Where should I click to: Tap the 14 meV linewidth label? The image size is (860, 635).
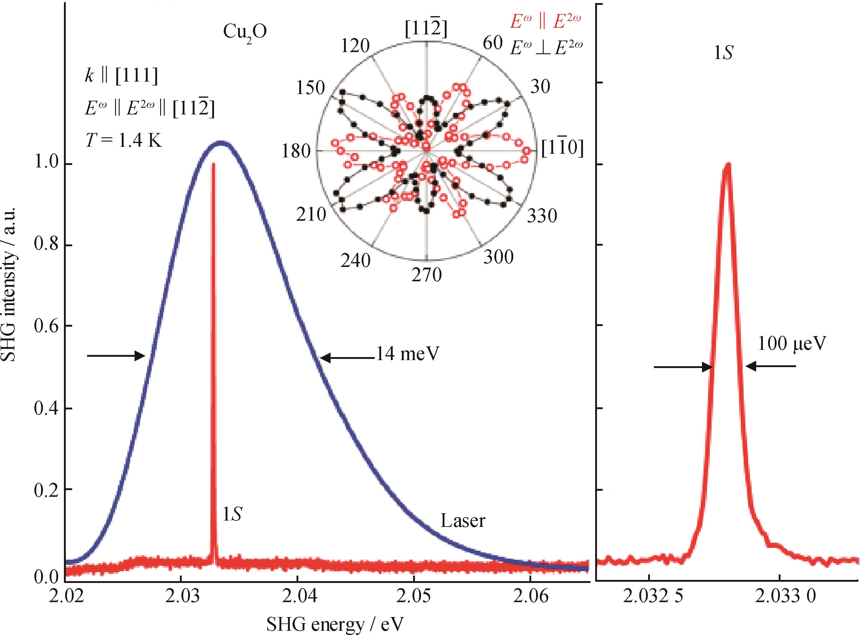coord(407,354)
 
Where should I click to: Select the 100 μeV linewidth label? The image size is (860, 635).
coord(792,343)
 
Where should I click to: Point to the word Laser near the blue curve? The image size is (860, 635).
coord(462,521)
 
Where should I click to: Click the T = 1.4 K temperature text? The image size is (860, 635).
coord(123,141)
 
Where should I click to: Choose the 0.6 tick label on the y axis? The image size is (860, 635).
coord(46,326)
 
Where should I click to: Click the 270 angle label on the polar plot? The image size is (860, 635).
coord(426,275)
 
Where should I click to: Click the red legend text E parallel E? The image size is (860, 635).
coord(545,22)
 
